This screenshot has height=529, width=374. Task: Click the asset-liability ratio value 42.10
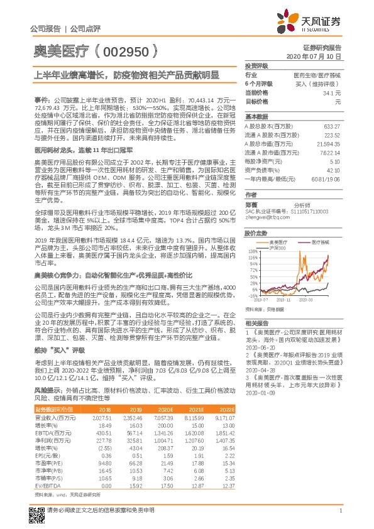(334, 170)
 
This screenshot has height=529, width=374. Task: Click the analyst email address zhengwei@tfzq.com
(262, 218)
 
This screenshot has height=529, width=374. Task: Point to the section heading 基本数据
(256, 117)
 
